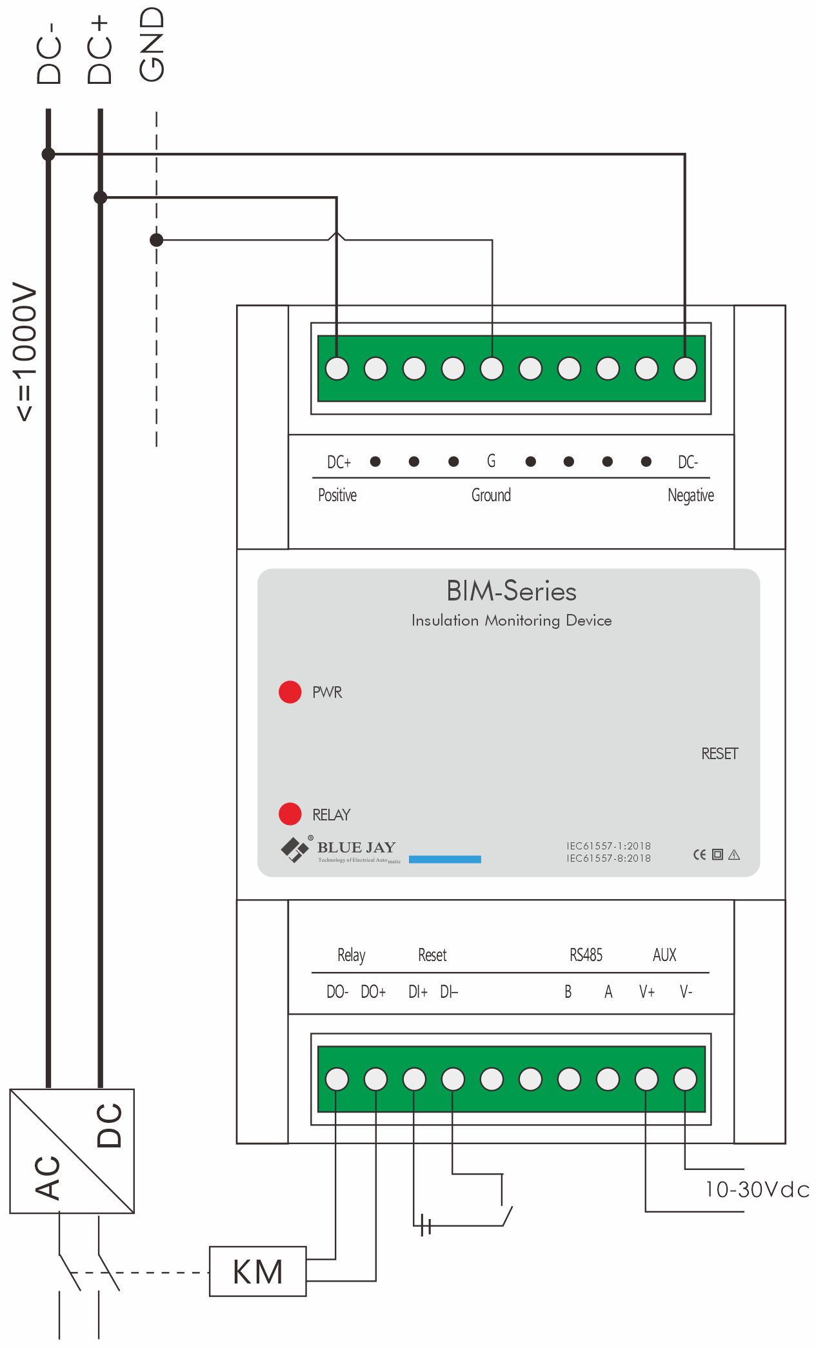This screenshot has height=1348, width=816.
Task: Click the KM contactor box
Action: coord(257,1272)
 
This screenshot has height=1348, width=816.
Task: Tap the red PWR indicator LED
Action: coord(290,691)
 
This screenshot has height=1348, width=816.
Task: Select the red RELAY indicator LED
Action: coord(290,814)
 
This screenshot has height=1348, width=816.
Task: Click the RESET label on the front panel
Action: coord(719,753)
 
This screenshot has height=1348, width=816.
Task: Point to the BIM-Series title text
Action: coord(511,591)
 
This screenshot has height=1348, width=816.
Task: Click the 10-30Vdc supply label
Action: coord(756,1189)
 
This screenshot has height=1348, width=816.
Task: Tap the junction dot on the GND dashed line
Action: coord(156,240)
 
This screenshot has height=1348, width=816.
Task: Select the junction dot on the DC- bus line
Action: coord(48,154)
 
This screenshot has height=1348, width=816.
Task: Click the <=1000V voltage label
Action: coord(26,352)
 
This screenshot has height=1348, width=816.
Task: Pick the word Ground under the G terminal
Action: coord(491,495)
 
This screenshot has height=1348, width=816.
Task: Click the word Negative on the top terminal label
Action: coord(690,495)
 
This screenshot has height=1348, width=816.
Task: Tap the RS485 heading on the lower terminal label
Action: coord(586,955)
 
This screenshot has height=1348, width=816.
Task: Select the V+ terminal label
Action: coord(646,992)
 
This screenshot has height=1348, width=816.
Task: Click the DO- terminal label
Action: coord(337,992)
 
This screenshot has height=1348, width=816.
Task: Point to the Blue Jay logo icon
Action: coord(295,849)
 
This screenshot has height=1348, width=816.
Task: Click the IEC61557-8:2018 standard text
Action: coord(608,858)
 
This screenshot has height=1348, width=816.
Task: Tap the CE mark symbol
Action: coord(699,855)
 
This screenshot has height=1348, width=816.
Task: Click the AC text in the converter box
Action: coord(48,1177)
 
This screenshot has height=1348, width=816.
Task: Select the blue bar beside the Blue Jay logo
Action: coord(444,859)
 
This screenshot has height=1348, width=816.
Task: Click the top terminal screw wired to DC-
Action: coord(685,369)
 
